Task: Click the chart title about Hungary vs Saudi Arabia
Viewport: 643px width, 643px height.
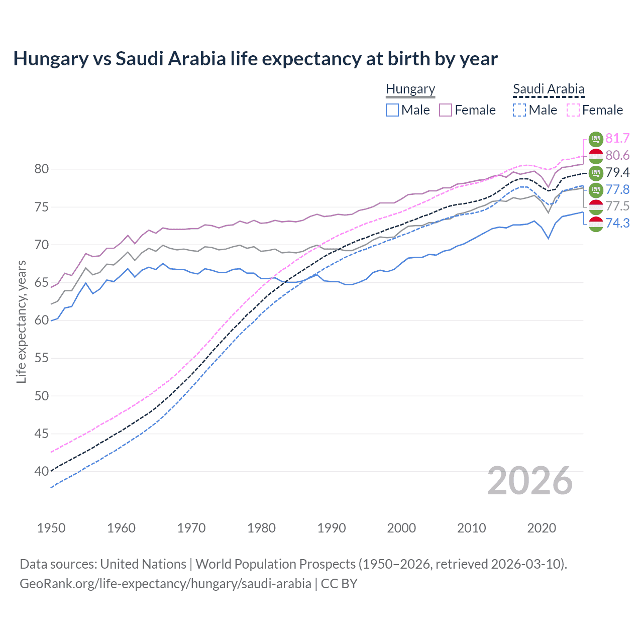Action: [x=255, y=59]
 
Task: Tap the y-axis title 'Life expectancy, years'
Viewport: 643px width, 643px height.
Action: [x=21, y=321]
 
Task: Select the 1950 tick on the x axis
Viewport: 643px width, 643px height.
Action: [x=51, y=528]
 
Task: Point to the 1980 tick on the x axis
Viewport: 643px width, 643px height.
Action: [x=261, y=528]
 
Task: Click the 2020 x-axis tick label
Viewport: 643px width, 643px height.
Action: [x=542, y=528]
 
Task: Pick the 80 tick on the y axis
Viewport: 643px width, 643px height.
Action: [x=42, y=169]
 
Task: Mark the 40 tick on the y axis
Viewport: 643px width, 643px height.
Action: [x=42, y=471]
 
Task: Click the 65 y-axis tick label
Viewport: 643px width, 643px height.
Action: [x=42, y=283]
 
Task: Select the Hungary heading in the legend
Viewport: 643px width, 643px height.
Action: [x=410, y=89]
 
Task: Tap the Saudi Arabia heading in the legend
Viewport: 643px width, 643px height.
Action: [x=549, y=89]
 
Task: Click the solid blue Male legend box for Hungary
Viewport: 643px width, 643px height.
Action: [x=392, y=110]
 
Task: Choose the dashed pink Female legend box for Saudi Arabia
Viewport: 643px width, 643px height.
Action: [x=573, y=110]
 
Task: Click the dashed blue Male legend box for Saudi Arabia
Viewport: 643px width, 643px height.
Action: [x=519, y=110]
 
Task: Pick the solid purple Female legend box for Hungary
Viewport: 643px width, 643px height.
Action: [x=446, y=110]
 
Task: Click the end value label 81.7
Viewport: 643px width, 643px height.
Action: [x=617, y=139]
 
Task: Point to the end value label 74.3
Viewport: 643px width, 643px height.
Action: [x=617, y=224]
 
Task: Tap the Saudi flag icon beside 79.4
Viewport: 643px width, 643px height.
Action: [x=596, y=173]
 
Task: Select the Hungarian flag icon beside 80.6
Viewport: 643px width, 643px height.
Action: [x=596, y=156]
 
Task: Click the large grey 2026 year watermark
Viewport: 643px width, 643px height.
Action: [x=529, y=481]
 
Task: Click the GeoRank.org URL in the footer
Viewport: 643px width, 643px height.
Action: [x=165, y=584]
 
